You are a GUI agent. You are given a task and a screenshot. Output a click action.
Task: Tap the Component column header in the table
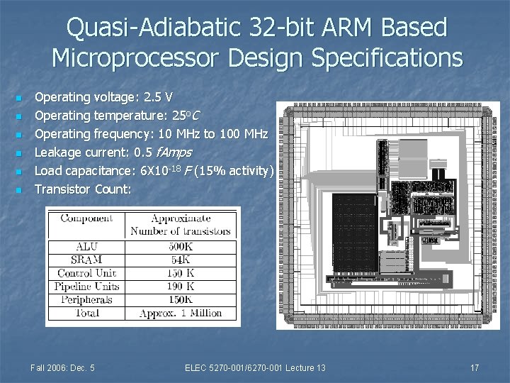click(x=87, y=219)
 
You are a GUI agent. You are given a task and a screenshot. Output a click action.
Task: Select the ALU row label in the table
click(x=87, y=247)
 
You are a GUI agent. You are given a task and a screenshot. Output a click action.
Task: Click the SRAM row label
click(x=87, y=260)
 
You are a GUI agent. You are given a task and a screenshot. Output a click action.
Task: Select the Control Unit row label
click(x=87, y=273)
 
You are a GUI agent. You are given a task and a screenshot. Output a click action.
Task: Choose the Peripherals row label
click(x=87, y=299)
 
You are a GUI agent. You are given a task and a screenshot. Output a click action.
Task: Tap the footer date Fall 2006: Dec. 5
click(x=63, y=367)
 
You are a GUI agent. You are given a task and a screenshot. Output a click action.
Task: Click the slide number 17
click(x=475, y=367)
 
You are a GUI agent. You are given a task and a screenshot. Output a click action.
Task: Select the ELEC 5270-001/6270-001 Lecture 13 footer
click(x=255, y=367)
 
